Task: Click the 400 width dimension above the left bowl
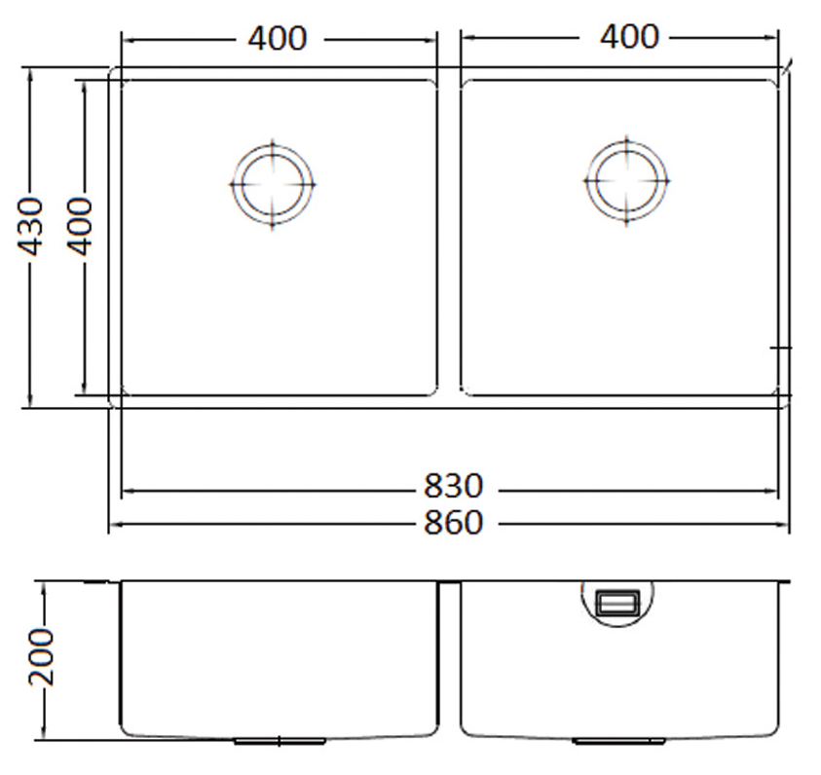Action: pyautogui.click(x=277, y=39)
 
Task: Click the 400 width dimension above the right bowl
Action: pyautogui.click(x=628, y=37)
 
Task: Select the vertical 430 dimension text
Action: pyautogui.click(x=32, y=227)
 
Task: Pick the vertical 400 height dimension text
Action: pyautogui.click(x=80, y=226)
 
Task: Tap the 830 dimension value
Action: pyautogui.click(x=453, y=487)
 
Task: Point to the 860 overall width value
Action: pyautogui.click(x=453, y=523)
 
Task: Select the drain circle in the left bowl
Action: pyautogui.click(x=273, y=184)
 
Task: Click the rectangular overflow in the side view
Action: pyautogui.click(x=617, y=604)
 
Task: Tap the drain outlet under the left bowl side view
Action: pyautogui.click(x=280, y=741)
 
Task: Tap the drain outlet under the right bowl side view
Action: pyautogui.click(x=606, y=741)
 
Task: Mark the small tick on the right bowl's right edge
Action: pyautogui.click(x=782, y=348)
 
